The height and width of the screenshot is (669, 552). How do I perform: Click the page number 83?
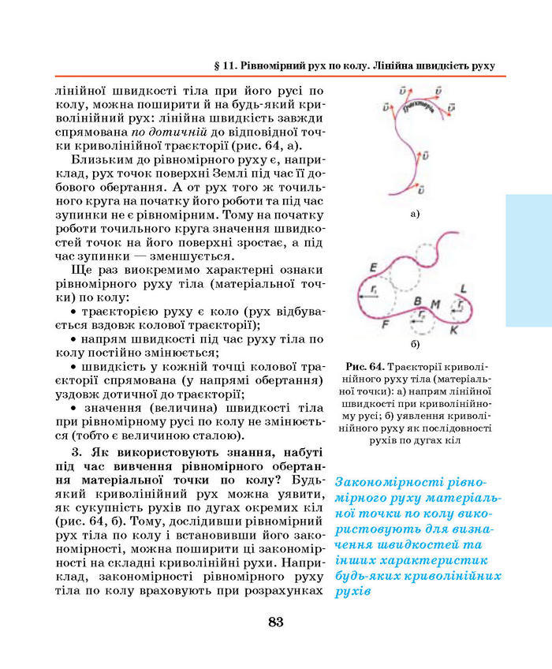(x=275, y=622)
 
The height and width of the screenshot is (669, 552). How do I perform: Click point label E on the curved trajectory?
(x=373, y=266)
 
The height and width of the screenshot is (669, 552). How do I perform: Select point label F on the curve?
(x=385, y=323)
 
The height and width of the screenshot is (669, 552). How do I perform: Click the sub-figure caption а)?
(x=415, y=213)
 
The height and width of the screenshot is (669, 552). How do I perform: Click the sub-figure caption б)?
(x=415, y=345)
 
